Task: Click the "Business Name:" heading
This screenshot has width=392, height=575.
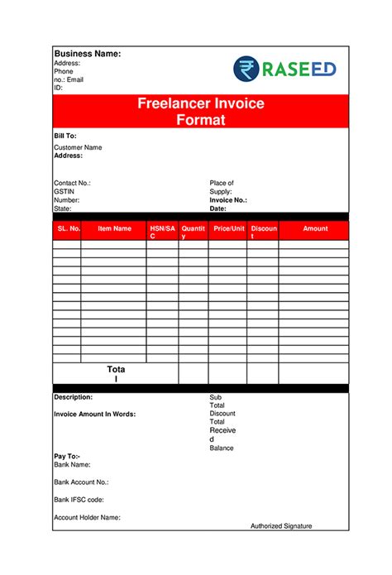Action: (88, 54)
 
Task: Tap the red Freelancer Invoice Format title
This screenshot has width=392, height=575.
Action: (200, 112)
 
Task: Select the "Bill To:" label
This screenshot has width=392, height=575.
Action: (65, 135)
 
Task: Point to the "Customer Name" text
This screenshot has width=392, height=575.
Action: (78, 147)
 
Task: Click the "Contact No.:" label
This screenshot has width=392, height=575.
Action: (72, 183)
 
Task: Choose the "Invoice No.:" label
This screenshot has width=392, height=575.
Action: (228, 200)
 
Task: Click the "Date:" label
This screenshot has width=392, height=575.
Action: (218, 208)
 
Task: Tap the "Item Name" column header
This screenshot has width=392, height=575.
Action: (115, 228)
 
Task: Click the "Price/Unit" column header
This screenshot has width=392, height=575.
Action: (229, 228)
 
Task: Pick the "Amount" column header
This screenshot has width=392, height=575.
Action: (315, 228)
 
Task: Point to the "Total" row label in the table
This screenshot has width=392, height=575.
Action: (116, 374)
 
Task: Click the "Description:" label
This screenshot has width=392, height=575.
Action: (74, 397)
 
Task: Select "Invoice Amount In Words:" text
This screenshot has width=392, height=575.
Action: (95, 414)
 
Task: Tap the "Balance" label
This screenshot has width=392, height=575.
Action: (222, 448)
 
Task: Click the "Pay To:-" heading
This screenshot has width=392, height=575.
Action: (67, 457)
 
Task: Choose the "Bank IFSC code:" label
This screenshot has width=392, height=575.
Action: (79, 500)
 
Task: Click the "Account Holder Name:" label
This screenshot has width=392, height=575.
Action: (88, 517)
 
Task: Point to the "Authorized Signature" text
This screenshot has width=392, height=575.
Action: (281, 526)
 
